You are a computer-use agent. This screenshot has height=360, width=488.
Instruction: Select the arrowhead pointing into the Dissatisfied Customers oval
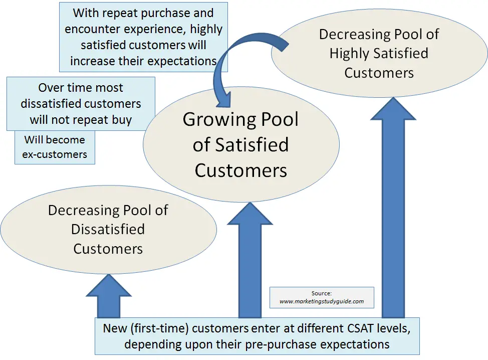tap(109, 286)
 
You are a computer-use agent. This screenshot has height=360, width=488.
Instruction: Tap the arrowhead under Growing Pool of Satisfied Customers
tap(250, 214)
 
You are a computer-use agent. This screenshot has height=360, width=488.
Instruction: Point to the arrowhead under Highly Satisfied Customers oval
tap(393, 108)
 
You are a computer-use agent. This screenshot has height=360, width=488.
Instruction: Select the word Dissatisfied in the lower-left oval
tap(108, 229)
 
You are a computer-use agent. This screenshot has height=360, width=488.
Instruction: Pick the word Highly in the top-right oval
tap(349, 54)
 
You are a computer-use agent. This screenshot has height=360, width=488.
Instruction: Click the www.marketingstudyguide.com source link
tap(322, 301)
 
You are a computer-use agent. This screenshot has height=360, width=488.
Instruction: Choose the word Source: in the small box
tap(322, 293)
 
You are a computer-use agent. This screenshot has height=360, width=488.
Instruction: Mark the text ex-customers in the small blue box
tap(55, 154)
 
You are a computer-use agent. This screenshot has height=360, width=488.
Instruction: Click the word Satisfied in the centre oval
tap(252, 145)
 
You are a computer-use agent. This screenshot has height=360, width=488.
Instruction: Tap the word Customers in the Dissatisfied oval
tap(108, 249)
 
